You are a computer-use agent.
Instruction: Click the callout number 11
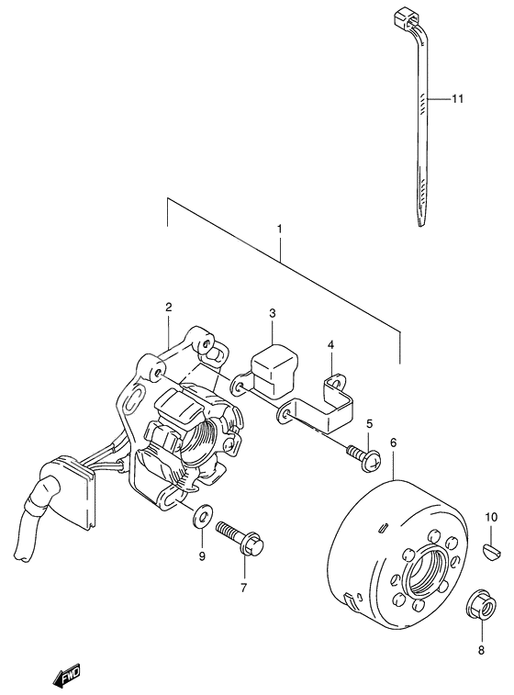pyautogui.click(x=457, y=98)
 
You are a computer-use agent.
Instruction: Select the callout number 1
pyautogui.click(x=280, y=229)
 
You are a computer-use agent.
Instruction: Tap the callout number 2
pyautogui.click(x=168, y=307)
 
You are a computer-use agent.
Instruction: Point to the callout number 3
pyautogui.click(x=272, y=313)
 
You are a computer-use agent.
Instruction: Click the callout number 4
pyautogui.click(x=331, y=344)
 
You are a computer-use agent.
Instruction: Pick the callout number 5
pyautogui.click(x=369, y=424)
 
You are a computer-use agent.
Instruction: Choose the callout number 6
pyautogui.click(x=394, y=443)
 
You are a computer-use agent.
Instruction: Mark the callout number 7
pyautogui.click(x=243, y=589)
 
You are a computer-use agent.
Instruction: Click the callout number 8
pyautogui.click(x=481, y=650)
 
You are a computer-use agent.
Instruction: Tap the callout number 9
pyautogui.click(x=202, y=556)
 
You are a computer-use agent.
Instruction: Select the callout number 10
pyautogui.click(x=491, y=517)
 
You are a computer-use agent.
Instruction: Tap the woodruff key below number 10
pyautogui.click(x=491, y=550)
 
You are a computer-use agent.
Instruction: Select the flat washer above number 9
pyautogui.click(x=202, y=516)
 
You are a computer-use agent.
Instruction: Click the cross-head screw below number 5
pyautogui.click(x=363, y=459)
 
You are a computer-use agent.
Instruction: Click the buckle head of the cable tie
pyautogui.click(x=406, y=17)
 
